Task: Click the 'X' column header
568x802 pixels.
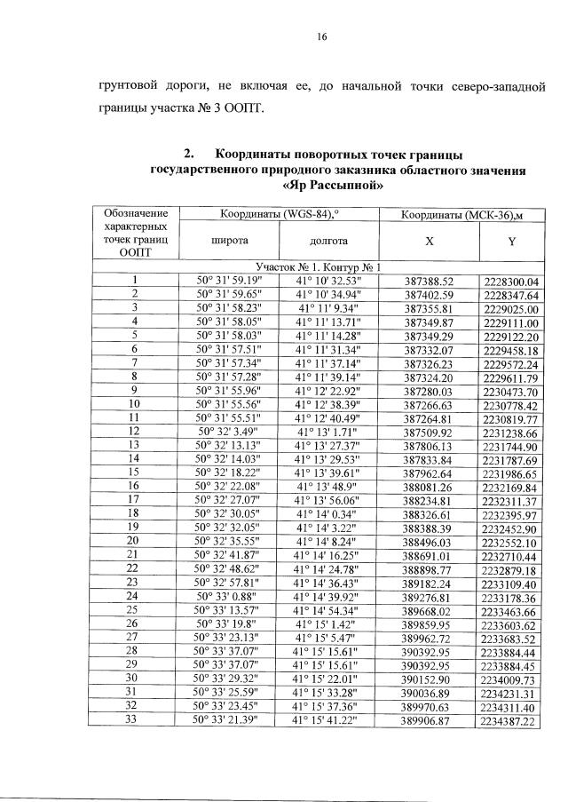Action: pyautogui.click(x=429, y=241)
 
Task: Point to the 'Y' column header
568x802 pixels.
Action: pyautogui.click(x=511, y=241)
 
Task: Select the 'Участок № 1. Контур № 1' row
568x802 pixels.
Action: pyautogui.click(x=318, y=266)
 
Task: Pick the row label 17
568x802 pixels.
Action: pyautogui.click(x=134, y=500)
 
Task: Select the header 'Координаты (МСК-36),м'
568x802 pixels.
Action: pyautogui.click(x=470, y=215)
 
